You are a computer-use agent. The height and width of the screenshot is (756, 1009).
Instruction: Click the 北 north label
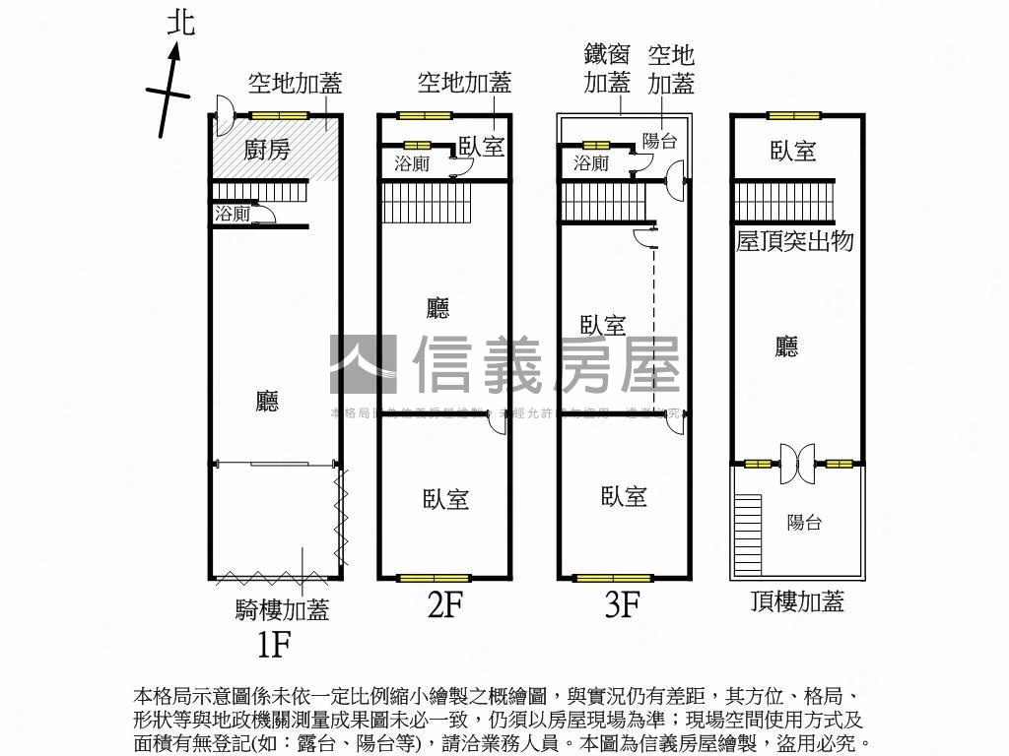click(180, 22)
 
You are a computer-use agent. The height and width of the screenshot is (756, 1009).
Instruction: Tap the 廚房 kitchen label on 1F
click(267, 151)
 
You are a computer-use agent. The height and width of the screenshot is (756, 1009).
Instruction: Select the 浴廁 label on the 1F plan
click(232, 214)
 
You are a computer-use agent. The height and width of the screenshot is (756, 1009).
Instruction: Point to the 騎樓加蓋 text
click(282, 610)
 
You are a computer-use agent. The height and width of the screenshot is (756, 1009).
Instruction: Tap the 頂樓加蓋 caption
click(796, 601)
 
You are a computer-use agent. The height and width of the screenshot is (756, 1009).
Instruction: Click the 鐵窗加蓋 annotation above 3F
click(607, 69)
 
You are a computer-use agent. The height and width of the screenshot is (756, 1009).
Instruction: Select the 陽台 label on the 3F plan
click(659, 141)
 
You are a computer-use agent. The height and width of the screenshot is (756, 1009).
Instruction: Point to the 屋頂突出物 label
click(794, 241)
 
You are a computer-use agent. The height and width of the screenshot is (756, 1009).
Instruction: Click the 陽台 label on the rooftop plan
click(804, 523)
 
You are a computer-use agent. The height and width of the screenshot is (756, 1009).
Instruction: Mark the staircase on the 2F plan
click(427, 203)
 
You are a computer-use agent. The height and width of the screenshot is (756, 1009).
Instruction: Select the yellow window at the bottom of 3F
click(606, 578)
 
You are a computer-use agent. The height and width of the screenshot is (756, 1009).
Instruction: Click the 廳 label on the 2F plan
click(437, 309)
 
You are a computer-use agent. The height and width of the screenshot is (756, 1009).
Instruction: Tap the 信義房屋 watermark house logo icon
click(363, 364)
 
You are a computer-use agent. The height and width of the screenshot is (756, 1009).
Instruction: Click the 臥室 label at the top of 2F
click(482, 147)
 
